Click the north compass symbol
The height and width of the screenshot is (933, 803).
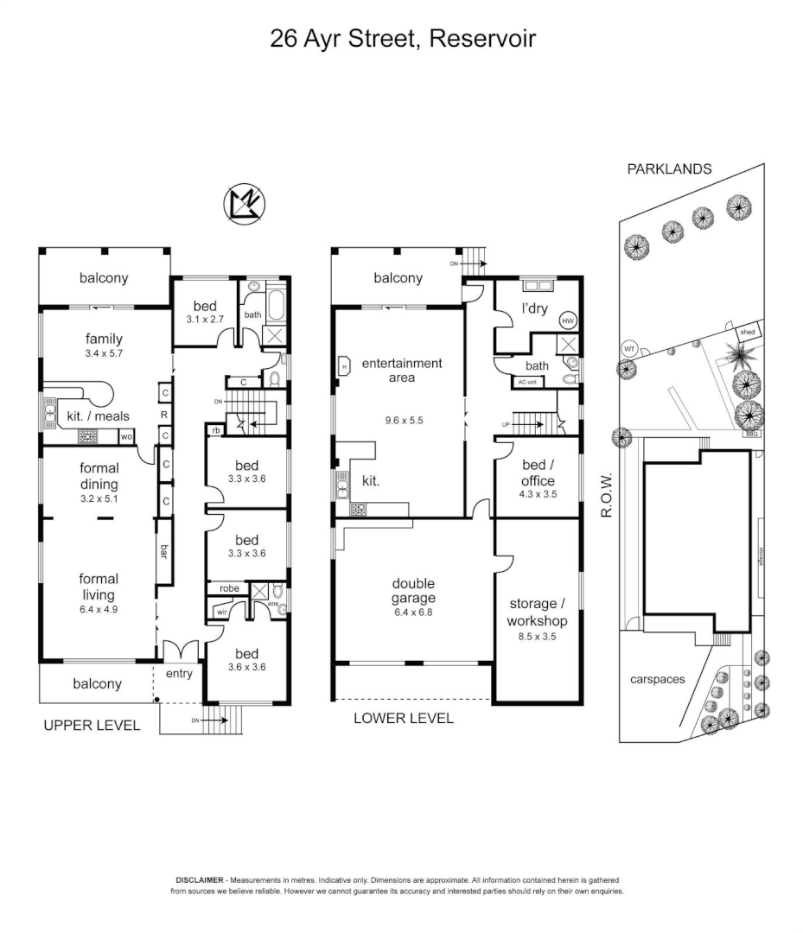[245, 204]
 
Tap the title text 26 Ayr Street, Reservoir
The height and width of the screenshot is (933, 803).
[402, 39]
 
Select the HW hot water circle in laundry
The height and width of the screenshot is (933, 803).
[568, 321]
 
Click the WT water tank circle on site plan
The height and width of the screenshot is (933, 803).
[628, 349]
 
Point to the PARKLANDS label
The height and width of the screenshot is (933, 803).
[669, 169]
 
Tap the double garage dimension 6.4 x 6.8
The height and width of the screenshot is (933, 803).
[412, 612]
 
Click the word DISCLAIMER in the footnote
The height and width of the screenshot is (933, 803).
[201, 878]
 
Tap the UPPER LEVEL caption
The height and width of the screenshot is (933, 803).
[92, 726]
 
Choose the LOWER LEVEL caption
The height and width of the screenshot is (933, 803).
[403, 718]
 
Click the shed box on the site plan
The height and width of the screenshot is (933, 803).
[746, 332]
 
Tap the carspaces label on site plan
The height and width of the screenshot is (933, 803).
[657, 679]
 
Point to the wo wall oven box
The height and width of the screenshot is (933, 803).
[127, 437]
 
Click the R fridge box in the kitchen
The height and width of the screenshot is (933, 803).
[164, 415]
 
